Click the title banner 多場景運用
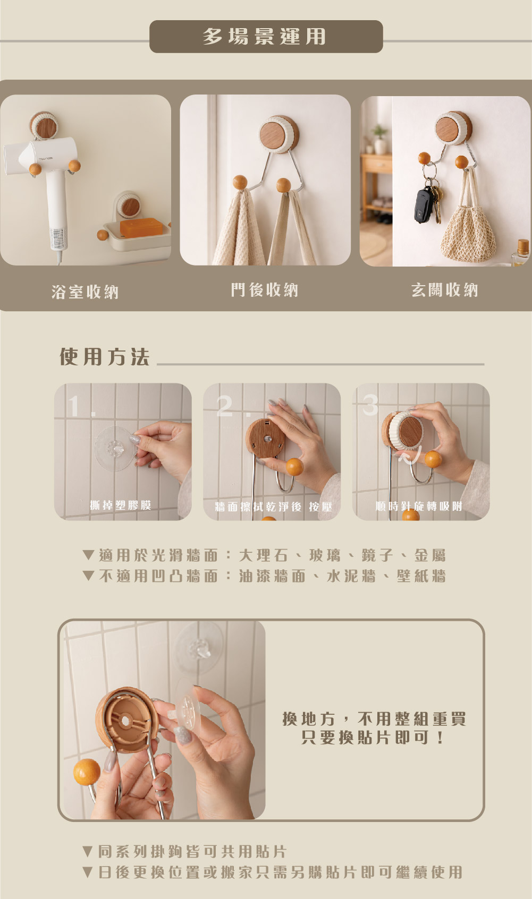pyautogui.click(x=266, y=37)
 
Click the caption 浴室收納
pyautogui.click(x=85, y=292)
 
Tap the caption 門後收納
pyautogui.click(x=264, y=290)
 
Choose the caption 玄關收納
pyautogui.click(x=444, y=290)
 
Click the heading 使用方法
pyautogui.click(x=105, y=357)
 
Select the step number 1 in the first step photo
pyautogui.click(x=74, y=406)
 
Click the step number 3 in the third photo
pyautogui.click(x=370, y=405)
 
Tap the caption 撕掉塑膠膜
pyautogui.click(x=121, y=505)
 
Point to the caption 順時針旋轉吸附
pyautogui.click(x=419, y=506)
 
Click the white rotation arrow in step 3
pyautogui.click(x=410, y=456)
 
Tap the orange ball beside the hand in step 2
pyautogui.click(x=294, y=467)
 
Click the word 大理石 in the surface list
pyautogui.click(x=264, y=555)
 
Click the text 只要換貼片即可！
pyautogui.click(x=373, y=737)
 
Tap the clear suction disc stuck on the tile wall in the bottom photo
pyautogui.click(x=199, y=648)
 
